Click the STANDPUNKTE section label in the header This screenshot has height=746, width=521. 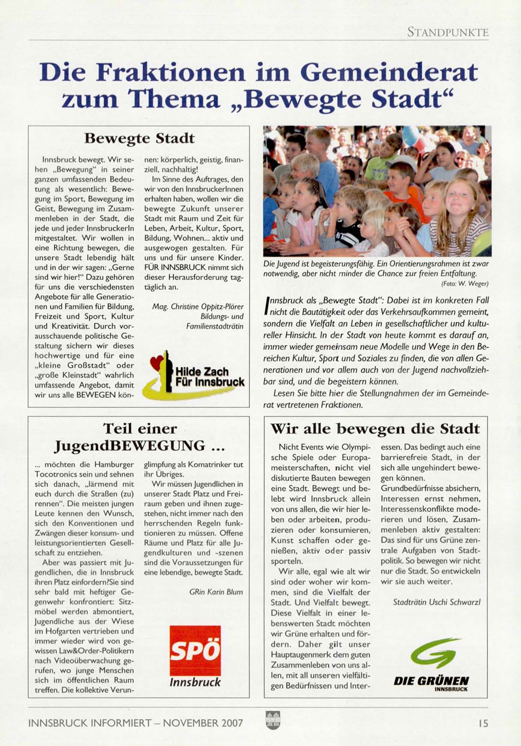(x=448, y=32)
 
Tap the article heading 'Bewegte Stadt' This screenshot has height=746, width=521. (x=139, y=139)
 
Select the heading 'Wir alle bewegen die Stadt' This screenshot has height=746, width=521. (x=375, y=429)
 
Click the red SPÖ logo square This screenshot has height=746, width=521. (x=195, y=650)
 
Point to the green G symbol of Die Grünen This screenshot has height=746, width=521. (x=434, y=653)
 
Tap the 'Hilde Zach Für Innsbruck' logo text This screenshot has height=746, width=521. (x=209, y=377)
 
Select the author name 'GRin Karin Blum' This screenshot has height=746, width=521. (x=216, y=592)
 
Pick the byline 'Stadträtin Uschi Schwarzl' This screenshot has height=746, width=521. (x=437, y=602)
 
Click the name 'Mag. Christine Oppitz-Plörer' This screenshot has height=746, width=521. (x=198, y=307)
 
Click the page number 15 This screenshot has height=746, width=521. (x=483, y=723)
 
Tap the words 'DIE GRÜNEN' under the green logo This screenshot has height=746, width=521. (x=431, y=681)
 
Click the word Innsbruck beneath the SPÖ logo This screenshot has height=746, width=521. (x=195, y=682)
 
